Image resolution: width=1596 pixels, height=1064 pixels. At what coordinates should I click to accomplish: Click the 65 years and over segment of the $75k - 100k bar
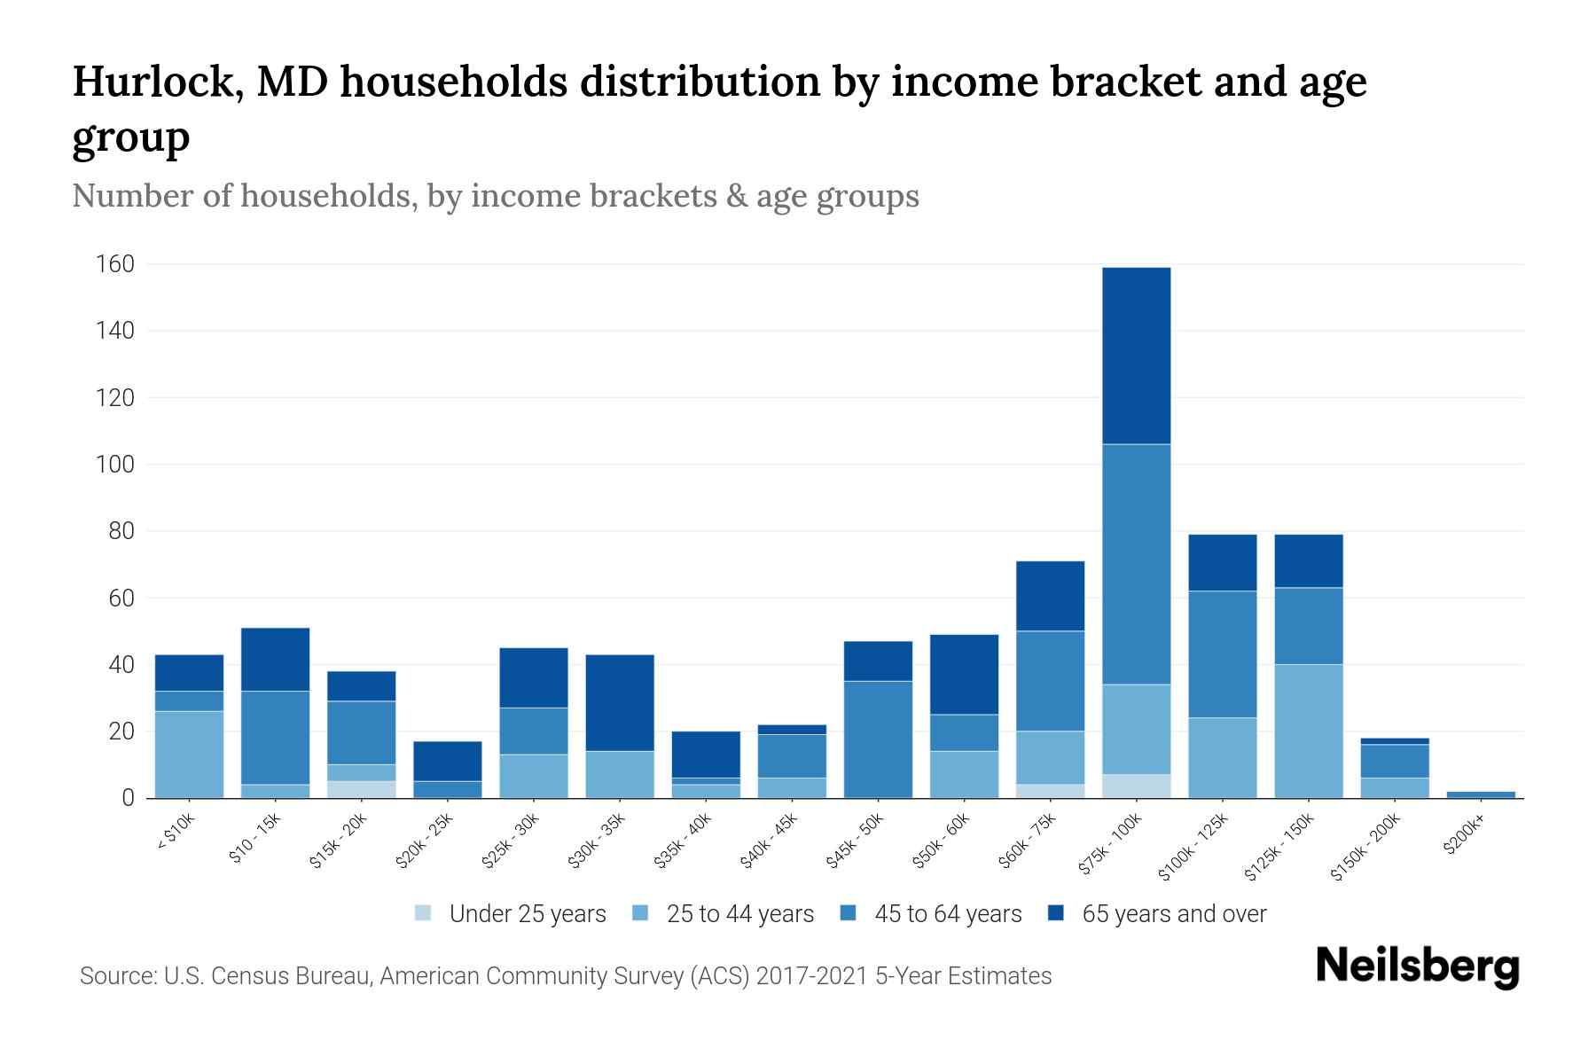1136,356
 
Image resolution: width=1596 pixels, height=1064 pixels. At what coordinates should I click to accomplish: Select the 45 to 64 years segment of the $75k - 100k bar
1136,564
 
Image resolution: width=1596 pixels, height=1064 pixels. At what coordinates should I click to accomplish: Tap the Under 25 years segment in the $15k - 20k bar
361,789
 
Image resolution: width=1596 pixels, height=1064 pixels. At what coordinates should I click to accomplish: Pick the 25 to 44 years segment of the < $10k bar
189,754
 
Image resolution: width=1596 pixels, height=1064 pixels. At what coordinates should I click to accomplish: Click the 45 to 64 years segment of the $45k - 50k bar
878,739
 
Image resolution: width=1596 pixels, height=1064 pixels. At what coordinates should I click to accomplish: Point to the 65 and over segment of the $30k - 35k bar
620,702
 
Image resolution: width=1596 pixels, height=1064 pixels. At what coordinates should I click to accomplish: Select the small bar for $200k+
1481,794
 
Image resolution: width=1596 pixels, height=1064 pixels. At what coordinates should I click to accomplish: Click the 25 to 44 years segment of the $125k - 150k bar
1308,731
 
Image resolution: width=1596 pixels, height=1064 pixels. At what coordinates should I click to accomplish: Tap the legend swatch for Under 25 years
423,913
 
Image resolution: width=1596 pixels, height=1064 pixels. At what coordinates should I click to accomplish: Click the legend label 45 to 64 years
947,914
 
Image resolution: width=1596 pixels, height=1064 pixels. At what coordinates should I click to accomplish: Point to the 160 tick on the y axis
115,264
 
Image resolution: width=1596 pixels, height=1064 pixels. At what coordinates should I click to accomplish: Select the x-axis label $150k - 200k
1365,848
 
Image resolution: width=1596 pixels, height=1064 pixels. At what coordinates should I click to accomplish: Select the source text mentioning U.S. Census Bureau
565,976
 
